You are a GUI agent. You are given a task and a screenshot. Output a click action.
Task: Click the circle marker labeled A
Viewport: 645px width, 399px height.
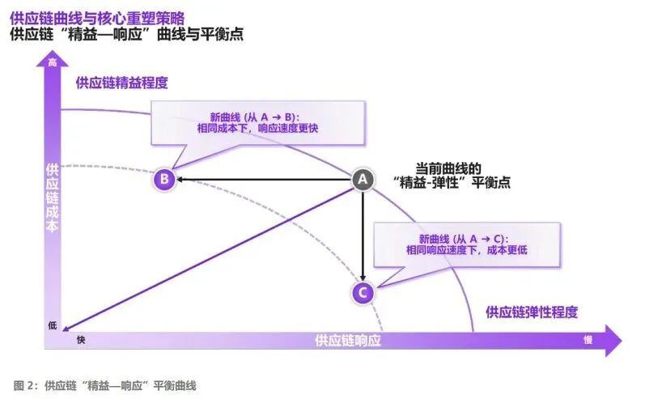coord(363,179)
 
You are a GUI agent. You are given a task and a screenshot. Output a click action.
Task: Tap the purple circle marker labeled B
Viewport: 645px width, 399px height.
coord(164,179)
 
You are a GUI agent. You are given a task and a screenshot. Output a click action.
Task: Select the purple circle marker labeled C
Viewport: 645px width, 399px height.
coord(363,292)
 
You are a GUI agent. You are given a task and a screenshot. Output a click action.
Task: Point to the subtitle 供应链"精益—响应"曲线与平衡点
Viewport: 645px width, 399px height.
coord(126,34)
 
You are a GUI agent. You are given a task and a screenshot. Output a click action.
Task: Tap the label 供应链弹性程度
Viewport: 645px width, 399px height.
coord(531,312)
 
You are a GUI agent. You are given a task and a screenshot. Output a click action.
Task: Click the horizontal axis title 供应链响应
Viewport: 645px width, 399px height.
coord(348,341)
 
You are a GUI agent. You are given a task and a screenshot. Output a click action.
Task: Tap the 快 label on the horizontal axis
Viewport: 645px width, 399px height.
coord(81,341)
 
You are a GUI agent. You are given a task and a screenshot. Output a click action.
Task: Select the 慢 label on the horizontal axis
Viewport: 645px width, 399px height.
coord(588,341)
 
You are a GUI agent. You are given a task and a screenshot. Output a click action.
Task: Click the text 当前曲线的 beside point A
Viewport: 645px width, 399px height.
coord(448,168)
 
